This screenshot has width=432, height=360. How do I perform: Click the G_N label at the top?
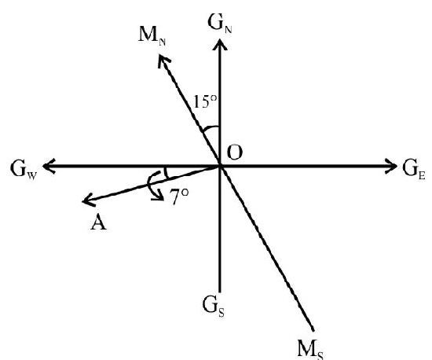coord(220,23)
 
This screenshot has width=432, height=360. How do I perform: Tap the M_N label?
coord(152,36)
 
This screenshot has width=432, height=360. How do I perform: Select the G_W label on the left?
coord(23,169)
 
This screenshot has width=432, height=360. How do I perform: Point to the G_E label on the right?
coord(413,169)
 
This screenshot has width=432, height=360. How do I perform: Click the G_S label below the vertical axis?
coord(213,306)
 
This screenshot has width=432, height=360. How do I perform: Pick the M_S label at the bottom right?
coord(310,350)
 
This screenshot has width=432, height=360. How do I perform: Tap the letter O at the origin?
coord(235,152)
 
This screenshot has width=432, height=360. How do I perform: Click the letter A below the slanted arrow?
coord(98,222)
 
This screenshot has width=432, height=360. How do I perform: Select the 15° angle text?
coord(204,101)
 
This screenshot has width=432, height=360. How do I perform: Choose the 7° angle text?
coord(179,197)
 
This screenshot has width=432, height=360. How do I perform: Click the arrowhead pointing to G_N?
coord(220,44)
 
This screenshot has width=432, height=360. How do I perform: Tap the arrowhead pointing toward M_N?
coord(163,60)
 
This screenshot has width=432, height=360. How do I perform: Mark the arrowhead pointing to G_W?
coord(49,166)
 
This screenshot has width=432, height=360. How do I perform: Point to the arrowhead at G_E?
coord(390,166)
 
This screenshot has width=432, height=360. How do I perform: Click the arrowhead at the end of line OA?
coord(89,200)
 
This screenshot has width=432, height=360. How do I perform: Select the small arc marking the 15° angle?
coord(211,127)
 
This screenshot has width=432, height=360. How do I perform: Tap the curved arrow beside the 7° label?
coord(151,186)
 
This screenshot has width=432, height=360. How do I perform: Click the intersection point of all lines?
coord(220,166)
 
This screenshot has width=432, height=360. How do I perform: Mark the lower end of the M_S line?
coord(313,330)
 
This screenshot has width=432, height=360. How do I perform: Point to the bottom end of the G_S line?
coord(220,292)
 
